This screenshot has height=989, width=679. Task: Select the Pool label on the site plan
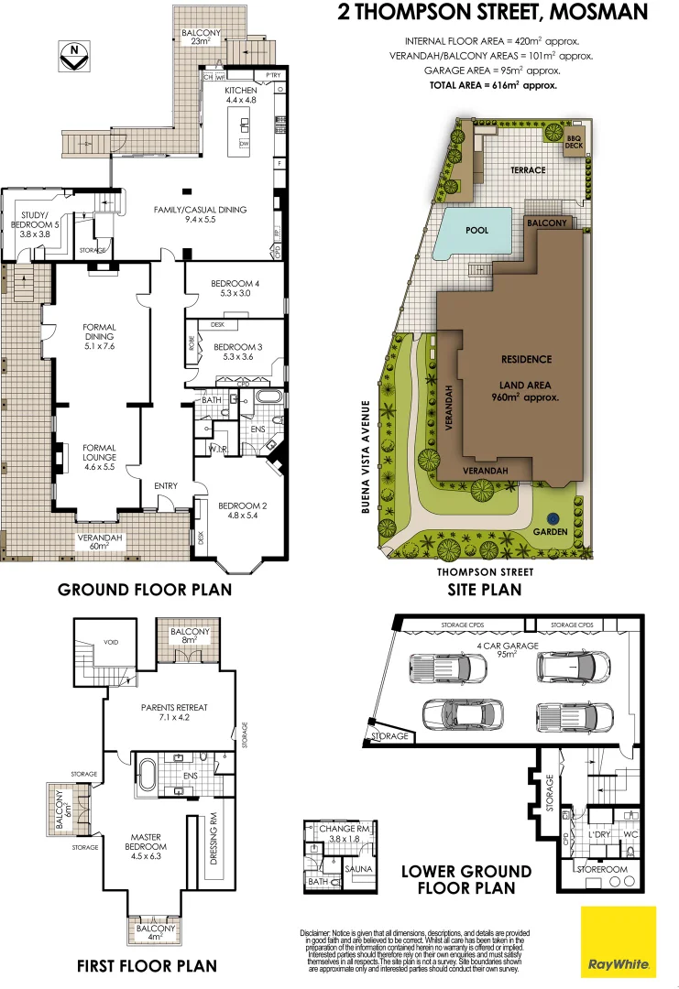[x=476, y=231]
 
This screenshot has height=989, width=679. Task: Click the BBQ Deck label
[x=574, y=141]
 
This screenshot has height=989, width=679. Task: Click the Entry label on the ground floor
[x=166, y=485]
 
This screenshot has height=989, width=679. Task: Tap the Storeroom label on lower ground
[x=600, y=867]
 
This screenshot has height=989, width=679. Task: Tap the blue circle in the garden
[x=554, y=517]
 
